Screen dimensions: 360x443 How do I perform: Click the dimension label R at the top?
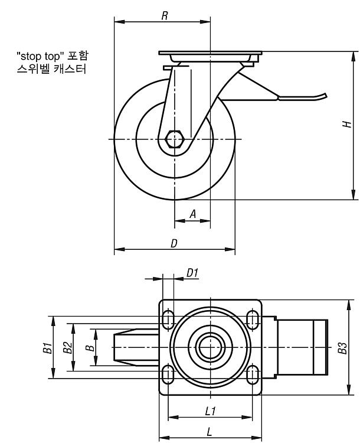click(165, 16)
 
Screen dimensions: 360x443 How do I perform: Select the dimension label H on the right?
click(347, 124)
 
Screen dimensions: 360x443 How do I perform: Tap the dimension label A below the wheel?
click(193, 214)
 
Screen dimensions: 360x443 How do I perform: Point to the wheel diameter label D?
click(174, 243)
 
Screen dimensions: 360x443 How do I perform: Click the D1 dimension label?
click(192, 273)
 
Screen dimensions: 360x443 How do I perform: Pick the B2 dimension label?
click(68, 347)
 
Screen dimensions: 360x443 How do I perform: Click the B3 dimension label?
click(342, 348)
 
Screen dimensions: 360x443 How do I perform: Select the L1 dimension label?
click(210, 411)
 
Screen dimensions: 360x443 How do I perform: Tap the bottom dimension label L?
click(210, 432)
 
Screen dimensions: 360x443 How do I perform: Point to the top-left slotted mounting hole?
click(168, 319)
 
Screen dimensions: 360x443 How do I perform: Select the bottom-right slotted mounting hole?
click(252, 374)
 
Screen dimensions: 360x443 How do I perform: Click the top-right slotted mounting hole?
click(252, 319)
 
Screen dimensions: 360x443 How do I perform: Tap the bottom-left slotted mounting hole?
click(168, 374)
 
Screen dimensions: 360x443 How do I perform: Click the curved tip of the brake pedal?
click(325, 96)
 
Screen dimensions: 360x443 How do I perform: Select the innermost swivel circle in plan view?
click(210, 347)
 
